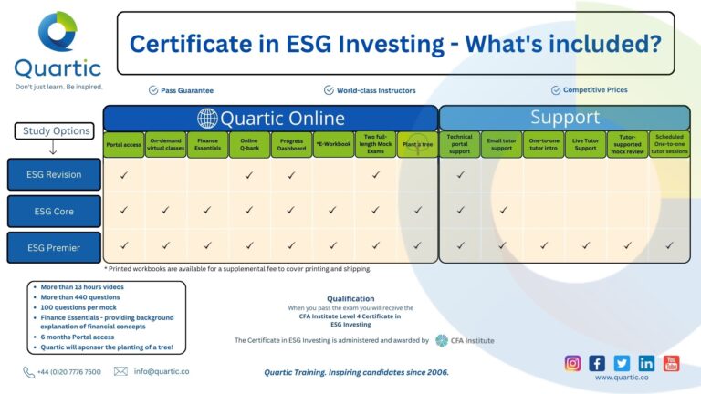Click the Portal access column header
pos(123,144)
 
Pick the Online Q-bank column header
pos(249,144)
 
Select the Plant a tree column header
pos(417,144)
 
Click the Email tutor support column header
pos(502,144)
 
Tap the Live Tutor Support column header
pos(585,144)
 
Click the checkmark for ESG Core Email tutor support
pos(502,210)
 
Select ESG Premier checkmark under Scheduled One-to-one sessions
pos(669,245)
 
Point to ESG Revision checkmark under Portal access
pos(123,174)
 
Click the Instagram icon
pos(572,362)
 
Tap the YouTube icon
pos(671,362)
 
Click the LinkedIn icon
pos(646,362)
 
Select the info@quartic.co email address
pos(162,371)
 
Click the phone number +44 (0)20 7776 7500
pos(68,371)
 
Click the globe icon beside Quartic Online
pos(207,119)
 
